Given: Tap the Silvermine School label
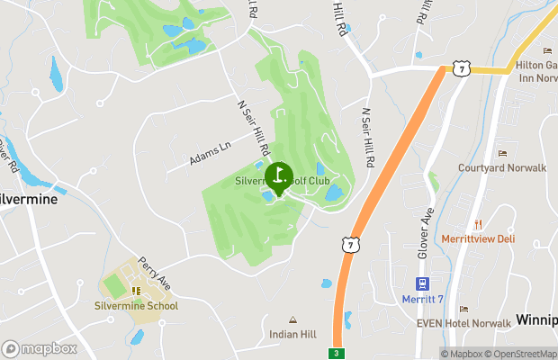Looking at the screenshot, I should [x=137, y=306].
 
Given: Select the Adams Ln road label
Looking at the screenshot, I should [x=210, y=150].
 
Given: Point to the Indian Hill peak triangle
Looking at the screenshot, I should [x=292, y=319].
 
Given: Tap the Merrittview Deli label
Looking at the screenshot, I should [x=479, y=238].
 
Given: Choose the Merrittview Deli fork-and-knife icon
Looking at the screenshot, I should [x=479, y=223].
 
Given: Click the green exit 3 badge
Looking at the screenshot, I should [x=337, y=353].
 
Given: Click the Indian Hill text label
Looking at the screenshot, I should [x=292, y=334].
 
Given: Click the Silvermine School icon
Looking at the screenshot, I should [x=136, y=291].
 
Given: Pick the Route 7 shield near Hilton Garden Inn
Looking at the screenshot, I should [x=461, y=68].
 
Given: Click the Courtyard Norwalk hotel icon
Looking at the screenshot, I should [x=501, y=153].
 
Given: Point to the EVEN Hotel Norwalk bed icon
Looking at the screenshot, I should [x=463, y=309].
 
